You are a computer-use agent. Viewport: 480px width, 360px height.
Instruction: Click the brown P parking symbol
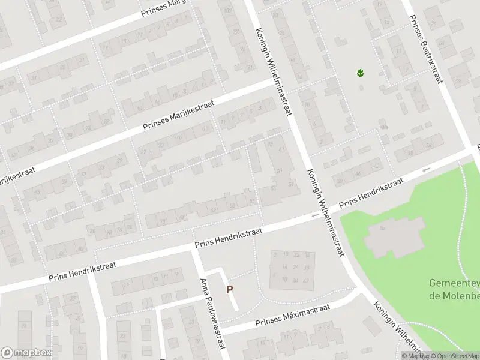click(229, 289)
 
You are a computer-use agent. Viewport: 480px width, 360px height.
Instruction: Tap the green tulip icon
click(360, 73)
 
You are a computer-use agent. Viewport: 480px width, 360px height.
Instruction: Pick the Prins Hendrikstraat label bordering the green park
click(371, 193)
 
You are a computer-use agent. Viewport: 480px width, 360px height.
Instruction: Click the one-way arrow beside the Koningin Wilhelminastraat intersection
click(314, 215)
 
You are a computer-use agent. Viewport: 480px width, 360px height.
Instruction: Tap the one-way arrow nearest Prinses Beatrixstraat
click(426, 170)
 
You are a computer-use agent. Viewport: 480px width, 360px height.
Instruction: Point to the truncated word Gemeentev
click(455, 283)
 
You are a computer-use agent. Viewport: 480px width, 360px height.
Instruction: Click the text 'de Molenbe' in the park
click(455, 295)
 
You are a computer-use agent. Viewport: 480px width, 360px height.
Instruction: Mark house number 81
click(280, 171)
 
